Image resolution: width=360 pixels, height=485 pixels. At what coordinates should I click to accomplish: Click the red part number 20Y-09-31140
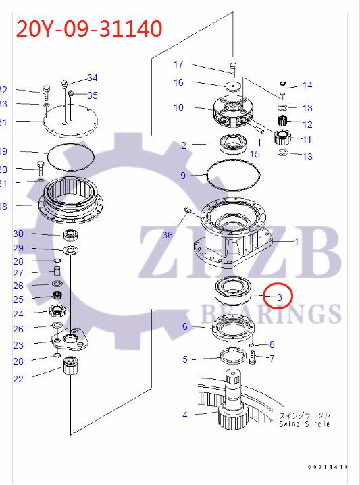[x=88, y=29]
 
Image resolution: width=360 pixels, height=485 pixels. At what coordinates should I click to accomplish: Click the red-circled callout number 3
[x=279, y=296]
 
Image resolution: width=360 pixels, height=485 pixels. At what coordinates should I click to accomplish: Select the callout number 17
[x=178, y=65]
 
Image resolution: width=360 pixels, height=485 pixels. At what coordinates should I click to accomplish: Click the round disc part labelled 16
[x=234, y=87]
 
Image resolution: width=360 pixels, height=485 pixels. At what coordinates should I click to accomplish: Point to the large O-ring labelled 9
[x=234, y=176]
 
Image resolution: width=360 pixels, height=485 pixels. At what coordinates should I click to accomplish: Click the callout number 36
[x=168, y=234]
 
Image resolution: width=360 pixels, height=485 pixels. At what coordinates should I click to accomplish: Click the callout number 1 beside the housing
[x=294, y=242]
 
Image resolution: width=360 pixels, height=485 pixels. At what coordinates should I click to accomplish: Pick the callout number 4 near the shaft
[x=185, y=415]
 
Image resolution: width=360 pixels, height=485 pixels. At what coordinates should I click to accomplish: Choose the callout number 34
[x=92, y=78]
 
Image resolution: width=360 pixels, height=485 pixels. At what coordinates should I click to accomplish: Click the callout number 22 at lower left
[x=18, y=379]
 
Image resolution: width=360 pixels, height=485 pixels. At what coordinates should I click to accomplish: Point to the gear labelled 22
[x=71, y=369]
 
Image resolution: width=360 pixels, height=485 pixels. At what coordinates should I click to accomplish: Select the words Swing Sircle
[x=305, y=424]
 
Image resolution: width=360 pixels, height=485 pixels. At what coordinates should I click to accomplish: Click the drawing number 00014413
[x=328, y=467]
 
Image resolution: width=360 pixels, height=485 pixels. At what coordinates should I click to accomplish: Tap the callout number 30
[x=18, y=234]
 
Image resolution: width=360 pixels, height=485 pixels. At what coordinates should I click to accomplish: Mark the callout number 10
[x=178, y=107]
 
